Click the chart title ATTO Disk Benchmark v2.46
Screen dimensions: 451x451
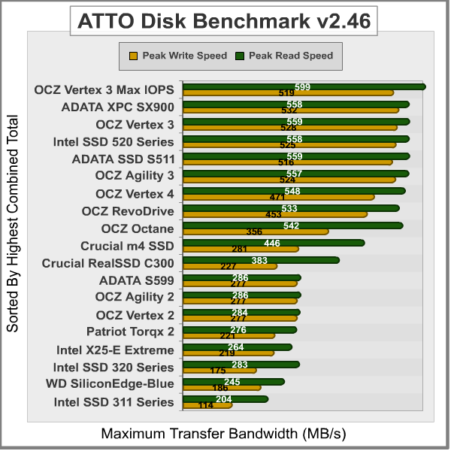(x=225, y=20)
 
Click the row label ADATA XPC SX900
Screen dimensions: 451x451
(x=118, y=107)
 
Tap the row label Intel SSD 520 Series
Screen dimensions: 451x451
(x=114, y=141)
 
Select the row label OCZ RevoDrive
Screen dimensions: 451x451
(x=128, y=211)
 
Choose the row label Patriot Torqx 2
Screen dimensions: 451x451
(x=130, y=332)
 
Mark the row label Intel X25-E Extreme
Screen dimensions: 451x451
(x=115, y=350)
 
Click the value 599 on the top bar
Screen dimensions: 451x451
(x=303, y=86)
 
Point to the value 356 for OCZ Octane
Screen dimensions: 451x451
(x=254, y=232)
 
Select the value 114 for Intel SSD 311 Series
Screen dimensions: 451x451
(x=205, y=406)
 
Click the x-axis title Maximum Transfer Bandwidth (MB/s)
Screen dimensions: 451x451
(x=224, y=434)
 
